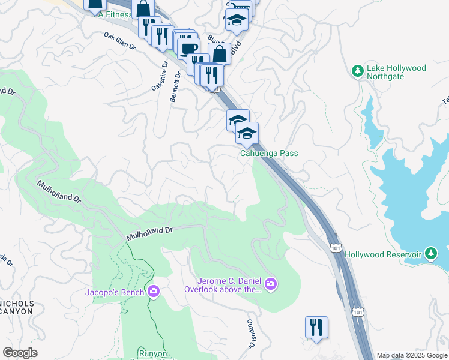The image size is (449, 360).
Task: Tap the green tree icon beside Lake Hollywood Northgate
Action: click(x=358, y=71)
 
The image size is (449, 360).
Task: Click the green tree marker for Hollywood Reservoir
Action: click(x=430, y=254)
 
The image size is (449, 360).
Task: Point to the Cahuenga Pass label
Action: click(x=269, y=154)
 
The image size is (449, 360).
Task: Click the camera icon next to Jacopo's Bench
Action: click(x=154, y=292)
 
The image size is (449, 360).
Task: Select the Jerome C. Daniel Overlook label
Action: click(x=231, y=284)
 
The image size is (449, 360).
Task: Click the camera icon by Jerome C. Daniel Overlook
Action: click(x=271, y=283)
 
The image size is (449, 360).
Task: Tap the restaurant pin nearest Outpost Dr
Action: click(x=316, y=328)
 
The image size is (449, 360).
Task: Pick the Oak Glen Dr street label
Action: click(x=120, y=41)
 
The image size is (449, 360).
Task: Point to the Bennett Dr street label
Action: click(x=175, y=88)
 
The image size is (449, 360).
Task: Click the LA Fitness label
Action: click(x=113, y=14)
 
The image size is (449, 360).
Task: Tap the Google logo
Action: click(x=20, y=353)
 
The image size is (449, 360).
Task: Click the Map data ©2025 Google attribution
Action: click(x=411, y=355)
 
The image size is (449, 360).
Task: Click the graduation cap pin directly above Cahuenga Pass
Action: click(x=247, y=134)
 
